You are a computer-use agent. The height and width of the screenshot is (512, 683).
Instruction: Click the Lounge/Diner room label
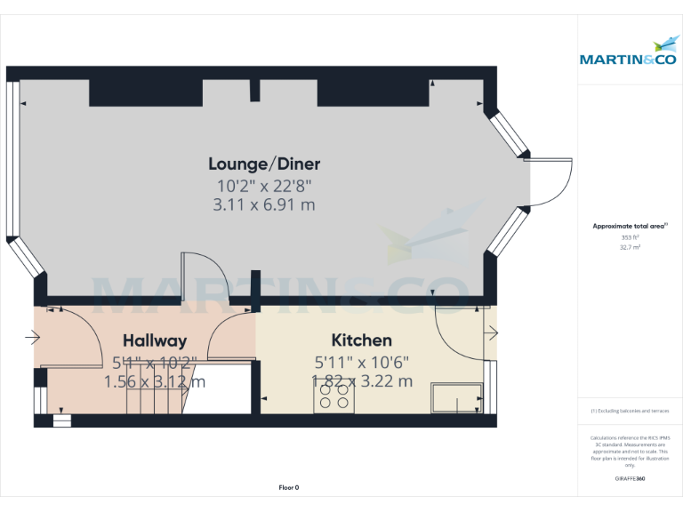pyautogui.click(x=264, y=164)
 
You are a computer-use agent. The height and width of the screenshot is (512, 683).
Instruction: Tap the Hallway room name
pyautogui.click(x=155, y=340)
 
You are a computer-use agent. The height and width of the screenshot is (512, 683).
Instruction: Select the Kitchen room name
pyautogui.click(x=361, y=340)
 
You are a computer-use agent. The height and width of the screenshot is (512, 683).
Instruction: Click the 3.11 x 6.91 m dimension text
pyautogui.click(x=264, y=205)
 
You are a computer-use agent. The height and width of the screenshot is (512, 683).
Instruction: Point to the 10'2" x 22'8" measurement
pyautogui.click(x=264, y=186)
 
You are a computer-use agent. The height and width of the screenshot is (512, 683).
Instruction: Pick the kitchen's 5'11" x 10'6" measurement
pyautogui.click(x=362, y=362)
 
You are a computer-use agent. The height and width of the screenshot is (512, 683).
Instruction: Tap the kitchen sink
pyautogui.click(x=456, y=398)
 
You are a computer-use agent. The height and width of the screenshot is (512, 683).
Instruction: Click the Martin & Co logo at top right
pyautogui.click(x=628, y=53)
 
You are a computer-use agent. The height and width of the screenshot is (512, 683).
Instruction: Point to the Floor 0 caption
pyautogui.click(x=289, y=487)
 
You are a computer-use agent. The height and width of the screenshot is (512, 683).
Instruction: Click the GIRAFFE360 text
pyautogui.click(x=630, y=479)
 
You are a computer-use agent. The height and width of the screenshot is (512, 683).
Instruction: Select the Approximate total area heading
pyautogui.click(x=629, y=227)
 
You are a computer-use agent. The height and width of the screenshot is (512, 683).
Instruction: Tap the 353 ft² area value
pyautogui.click(x=630, y=237)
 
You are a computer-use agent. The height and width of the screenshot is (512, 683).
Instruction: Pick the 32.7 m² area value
pyautogui.click(x=630, y=248)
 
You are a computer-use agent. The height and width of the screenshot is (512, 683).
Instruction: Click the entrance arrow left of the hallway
pyautogui.click(x=33, y=337)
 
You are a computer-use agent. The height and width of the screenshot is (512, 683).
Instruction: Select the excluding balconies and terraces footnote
pyautogui.click(x=630, y=411)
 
